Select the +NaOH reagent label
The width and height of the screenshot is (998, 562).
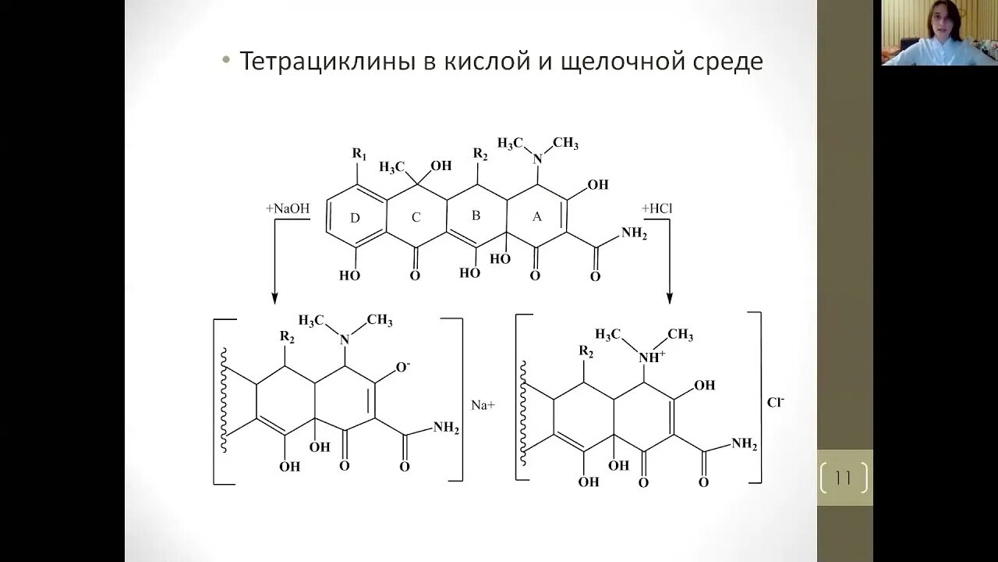point(287,209)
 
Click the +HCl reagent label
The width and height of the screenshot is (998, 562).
point(656,208)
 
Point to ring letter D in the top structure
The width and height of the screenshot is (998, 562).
point(355,218)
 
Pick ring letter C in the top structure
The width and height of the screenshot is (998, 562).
point(415,218)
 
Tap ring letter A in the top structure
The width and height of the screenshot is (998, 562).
point(536,218)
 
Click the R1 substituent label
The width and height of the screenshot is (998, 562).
point(359,154)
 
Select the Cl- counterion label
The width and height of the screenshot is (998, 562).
point(776,403)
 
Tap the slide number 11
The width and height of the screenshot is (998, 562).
point(844,477)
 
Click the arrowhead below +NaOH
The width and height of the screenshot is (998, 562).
point(274,297)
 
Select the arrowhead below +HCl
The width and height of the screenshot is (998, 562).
point(669,297)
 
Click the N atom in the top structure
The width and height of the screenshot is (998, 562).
point(536,159)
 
